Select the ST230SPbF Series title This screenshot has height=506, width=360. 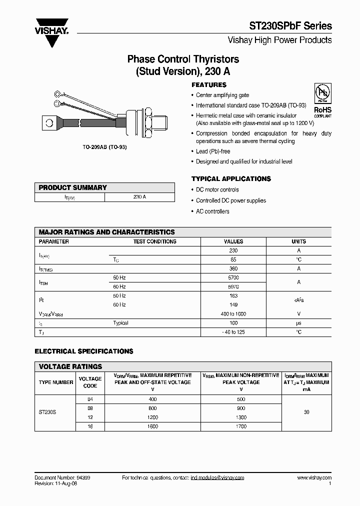click(290, 26)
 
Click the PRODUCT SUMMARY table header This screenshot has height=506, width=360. click(73, 187)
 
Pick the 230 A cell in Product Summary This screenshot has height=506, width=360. click(139, 197)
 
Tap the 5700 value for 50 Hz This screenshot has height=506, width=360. click(233, 277)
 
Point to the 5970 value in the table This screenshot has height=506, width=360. click(233, 286)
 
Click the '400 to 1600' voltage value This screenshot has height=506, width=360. click(233, 314)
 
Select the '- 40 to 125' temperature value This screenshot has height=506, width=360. click(233, 332)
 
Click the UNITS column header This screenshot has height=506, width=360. click(298, 241)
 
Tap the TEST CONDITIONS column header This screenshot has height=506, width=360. click(154, 241)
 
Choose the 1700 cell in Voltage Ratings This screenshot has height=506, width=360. click(241, 426)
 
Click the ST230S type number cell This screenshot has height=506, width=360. click(47, 413)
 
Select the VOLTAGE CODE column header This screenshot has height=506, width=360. click(90, 382)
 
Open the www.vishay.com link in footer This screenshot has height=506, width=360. click(314, 477)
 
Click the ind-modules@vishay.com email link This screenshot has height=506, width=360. click(217, 477)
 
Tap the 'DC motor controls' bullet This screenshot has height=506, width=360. click(217, 190)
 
